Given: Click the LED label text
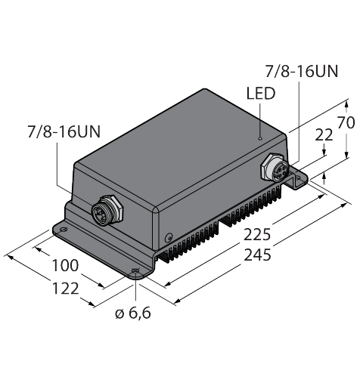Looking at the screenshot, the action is (x=260, y=93).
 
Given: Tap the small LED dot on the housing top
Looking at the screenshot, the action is (x=260, y=138).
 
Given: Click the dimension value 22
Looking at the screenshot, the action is (x=324, y=135).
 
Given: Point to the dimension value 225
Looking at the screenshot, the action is (x=257, y=235).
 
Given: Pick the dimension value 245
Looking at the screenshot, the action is (x=258, y=255).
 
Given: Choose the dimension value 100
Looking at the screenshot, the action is (x=65, y=266).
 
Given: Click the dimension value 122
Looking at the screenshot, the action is (x=65, y=289).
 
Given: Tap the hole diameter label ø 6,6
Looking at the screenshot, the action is (x=133, y=313).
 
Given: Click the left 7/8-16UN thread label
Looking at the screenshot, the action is (x=64, y=131).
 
